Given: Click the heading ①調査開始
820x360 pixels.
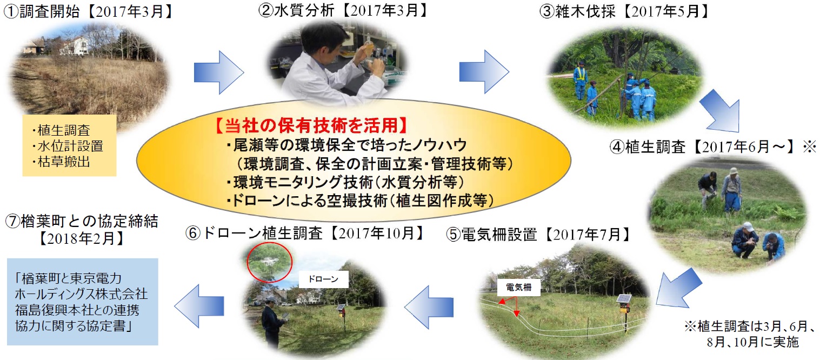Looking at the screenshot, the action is pyautogui.click(x=42, y=12).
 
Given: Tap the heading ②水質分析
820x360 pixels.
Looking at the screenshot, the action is pyautogui.click(x=296, y=11).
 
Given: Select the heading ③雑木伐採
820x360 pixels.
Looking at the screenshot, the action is pyautogui.click(x=577, y=12).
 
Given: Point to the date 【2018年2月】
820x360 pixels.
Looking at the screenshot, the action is pyautogui.click(x=81, y=239).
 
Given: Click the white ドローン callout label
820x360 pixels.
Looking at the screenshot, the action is pyautogui.click(x=323, y=279).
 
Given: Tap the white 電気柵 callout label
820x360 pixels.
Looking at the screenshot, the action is pyautogui.click(x=519, y=288).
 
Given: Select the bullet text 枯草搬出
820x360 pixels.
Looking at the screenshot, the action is pyautogui.click(x=61, y=162).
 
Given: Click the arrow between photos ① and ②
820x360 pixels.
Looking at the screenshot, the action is pyautogui.click(x=218, y=72).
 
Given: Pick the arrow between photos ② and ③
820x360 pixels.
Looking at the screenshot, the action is pyautogui.click(x=484, y=71).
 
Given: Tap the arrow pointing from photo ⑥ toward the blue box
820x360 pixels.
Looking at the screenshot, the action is pyautogui.click(x=199, y=306).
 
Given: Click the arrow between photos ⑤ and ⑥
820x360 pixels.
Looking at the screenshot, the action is pyautogui.click(x=429, y=307).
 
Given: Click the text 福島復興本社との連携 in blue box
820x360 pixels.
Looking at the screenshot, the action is pyautogui.click(x=77, y=310).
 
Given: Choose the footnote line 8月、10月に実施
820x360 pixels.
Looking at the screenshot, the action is pyautogui.click(x=752, y=342).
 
